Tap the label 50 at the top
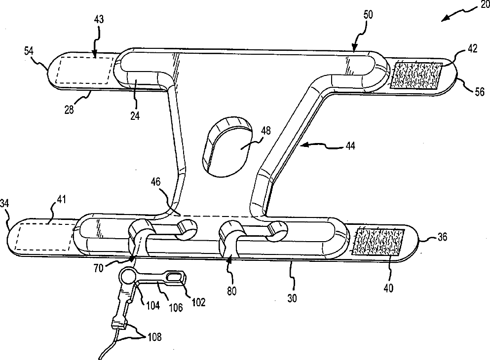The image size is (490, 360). point(368,15)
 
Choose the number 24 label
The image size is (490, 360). point(135,116)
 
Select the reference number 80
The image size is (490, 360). point(231,291)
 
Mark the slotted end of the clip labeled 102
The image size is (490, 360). point(176,277)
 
